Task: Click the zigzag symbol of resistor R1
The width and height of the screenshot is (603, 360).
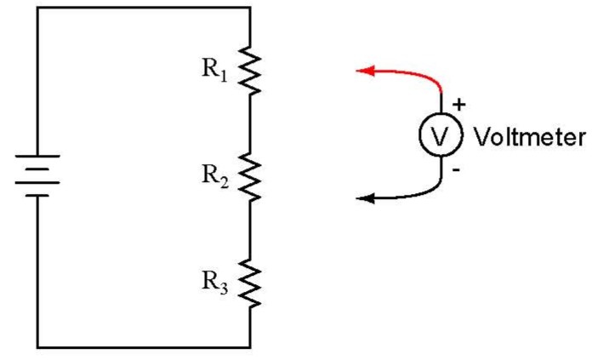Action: (251, 71)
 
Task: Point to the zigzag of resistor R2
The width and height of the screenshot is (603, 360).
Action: (251, 177)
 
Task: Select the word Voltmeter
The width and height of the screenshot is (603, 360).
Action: (528, 138)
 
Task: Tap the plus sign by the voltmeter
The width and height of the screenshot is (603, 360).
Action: (459, 105)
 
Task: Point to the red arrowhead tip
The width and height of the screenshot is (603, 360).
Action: (357, 71)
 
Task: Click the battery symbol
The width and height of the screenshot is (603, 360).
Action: (37, 175)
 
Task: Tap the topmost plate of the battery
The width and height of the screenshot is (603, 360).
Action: (37, 157)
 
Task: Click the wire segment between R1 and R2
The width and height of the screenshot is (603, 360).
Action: (251, 123)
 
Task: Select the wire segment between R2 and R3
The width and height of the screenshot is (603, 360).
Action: (251, 230)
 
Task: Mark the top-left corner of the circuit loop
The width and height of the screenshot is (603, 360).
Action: (37, 8)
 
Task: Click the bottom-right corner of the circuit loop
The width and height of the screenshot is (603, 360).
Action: (251, 347)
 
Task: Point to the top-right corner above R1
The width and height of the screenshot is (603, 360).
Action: (251, 8)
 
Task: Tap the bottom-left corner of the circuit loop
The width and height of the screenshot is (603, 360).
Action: (37, 347)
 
